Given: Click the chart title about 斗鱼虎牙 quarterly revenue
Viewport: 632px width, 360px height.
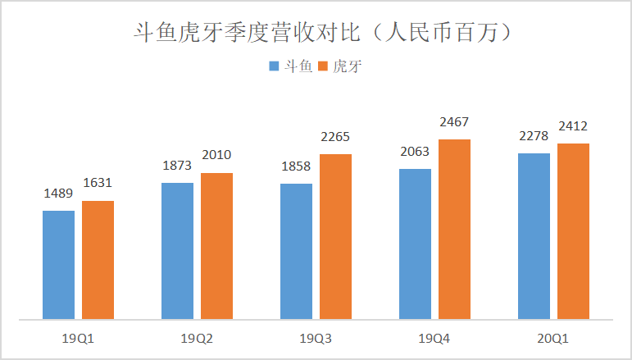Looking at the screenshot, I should (x=316, y=34).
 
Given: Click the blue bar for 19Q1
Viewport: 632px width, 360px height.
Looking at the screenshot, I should (x=58, y=264).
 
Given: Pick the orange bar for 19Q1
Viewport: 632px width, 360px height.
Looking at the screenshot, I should (x=98, y=259).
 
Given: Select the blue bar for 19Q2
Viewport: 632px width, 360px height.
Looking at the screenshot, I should (x=177, y=250).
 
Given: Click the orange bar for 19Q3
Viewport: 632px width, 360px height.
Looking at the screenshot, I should (x=335, y=236).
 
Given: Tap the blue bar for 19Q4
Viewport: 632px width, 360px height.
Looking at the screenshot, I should (x=415, y=244).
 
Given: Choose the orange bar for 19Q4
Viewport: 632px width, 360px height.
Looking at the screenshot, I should (x=454, y=229).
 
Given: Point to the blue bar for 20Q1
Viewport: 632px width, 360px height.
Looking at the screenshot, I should (x=534, y=235).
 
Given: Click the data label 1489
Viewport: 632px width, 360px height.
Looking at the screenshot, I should (x=58, y=194).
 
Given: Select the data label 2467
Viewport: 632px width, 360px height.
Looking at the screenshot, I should (x=454, y=122).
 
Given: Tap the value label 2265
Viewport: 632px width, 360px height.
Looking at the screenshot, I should (x=335, y=137).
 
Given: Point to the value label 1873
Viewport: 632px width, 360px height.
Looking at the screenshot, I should (x=177, y=165).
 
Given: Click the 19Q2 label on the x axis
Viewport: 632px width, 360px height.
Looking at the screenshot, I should (x=197, y=337).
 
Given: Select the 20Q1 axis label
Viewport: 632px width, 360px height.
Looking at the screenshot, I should (x=553, y=337).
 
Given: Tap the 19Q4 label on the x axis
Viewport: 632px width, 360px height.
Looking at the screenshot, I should (x=434, y=337).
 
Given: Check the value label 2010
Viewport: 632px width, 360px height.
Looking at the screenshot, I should (x=216, y=155).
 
